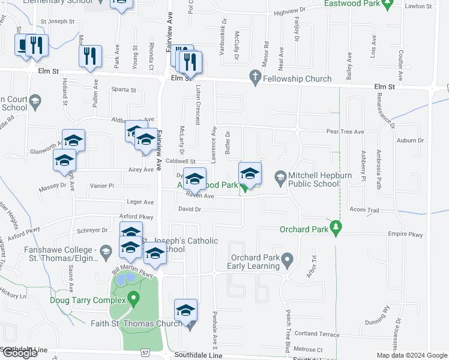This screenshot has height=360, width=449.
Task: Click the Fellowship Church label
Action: pos(297,79)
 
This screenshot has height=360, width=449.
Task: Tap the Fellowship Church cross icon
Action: pos(255,79)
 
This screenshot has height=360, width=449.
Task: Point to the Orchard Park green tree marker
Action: pos(337,229)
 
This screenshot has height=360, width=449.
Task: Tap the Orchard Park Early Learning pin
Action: pos(288,261)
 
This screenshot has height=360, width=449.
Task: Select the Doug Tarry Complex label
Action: pos(88,300)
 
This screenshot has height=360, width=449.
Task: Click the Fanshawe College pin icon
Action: pos(106,250)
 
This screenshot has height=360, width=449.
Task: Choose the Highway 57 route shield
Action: pos(146,353)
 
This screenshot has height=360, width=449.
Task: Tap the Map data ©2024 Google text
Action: pos(412,355)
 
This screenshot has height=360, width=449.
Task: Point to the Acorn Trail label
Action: pos(364,210)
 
